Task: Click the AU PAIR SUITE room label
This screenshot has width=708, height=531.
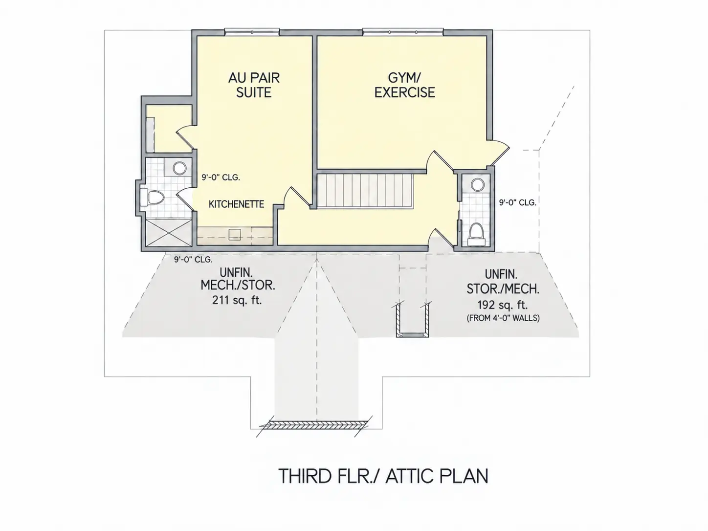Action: tap(254, 85)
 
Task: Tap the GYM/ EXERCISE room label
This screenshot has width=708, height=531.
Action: tap(404, 85)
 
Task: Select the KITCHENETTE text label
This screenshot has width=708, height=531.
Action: tap(237, 204)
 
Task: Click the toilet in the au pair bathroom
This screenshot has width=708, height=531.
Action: tap(153, 198)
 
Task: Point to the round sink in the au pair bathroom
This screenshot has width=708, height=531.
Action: tap(179, 168)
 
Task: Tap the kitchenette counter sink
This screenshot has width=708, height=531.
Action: tap(235, 234)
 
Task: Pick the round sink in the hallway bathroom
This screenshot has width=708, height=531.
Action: tap(477, 185)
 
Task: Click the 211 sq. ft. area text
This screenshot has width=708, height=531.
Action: tap(237, 301)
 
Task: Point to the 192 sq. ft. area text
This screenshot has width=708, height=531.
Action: tap(503, 305)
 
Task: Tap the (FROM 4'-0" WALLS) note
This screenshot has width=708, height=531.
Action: tap(503, 318)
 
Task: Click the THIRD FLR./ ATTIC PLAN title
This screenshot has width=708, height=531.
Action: tap(383, 476)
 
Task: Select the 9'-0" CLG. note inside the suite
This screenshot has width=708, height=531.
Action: tap(221, 177)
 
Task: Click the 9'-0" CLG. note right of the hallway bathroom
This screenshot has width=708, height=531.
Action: tap(518, 202)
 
